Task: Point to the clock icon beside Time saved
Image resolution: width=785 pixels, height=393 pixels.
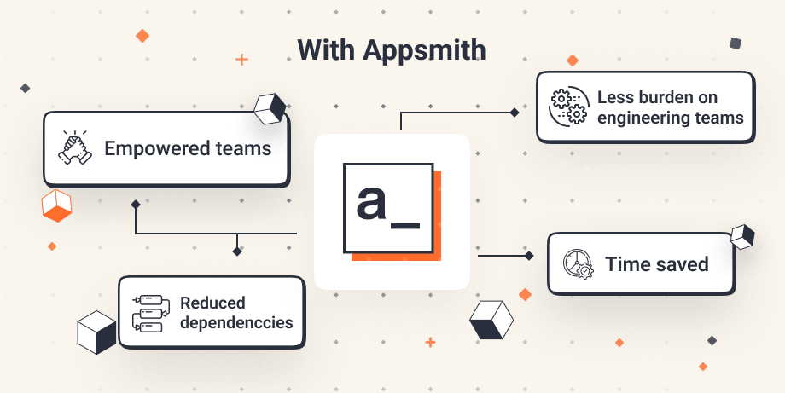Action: (x=578, y=263)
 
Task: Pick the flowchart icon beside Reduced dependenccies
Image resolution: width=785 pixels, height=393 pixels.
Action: (x=148, y=312)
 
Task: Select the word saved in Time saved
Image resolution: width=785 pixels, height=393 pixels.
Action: (x=681, y=263)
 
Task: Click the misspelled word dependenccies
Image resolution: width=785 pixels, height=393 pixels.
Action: (x=236, y=322)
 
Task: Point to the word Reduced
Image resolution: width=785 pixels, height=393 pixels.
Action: (x=212, y=303)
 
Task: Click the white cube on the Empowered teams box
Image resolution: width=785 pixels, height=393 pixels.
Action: (x=269, y=108)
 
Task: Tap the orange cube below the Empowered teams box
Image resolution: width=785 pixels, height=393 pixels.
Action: (x=56, y=205)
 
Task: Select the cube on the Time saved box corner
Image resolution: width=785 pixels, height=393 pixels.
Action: (x=742, y=236)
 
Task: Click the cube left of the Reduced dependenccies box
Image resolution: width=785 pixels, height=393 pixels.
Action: (x=96, y=332)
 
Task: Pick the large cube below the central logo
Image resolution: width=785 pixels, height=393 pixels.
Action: (x=491, y=320)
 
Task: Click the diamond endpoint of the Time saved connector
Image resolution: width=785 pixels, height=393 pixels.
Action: (x=529, y=255)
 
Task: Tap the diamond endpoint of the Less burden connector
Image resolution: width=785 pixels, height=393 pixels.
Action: (x=515, y=112)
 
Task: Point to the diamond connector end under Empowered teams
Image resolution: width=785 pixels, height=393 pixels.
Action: (x=135, y=205)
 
